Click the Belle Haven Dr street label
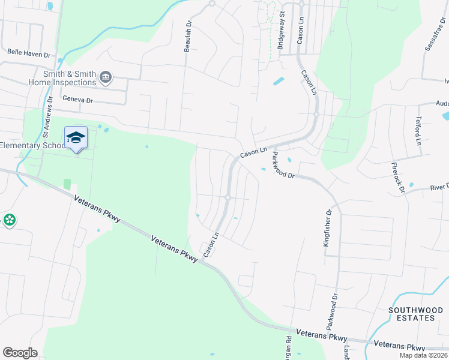tap(29, 53)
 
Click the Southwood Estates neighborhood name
tap(411, 314)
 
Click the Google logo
tap(20, 353)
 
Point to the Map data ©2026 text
tap(423, 355)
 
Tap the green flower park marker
tap(10, 220)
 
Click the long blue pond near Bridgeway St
tap(279, 81)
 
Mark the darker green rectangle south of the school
tap(67, 185)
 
